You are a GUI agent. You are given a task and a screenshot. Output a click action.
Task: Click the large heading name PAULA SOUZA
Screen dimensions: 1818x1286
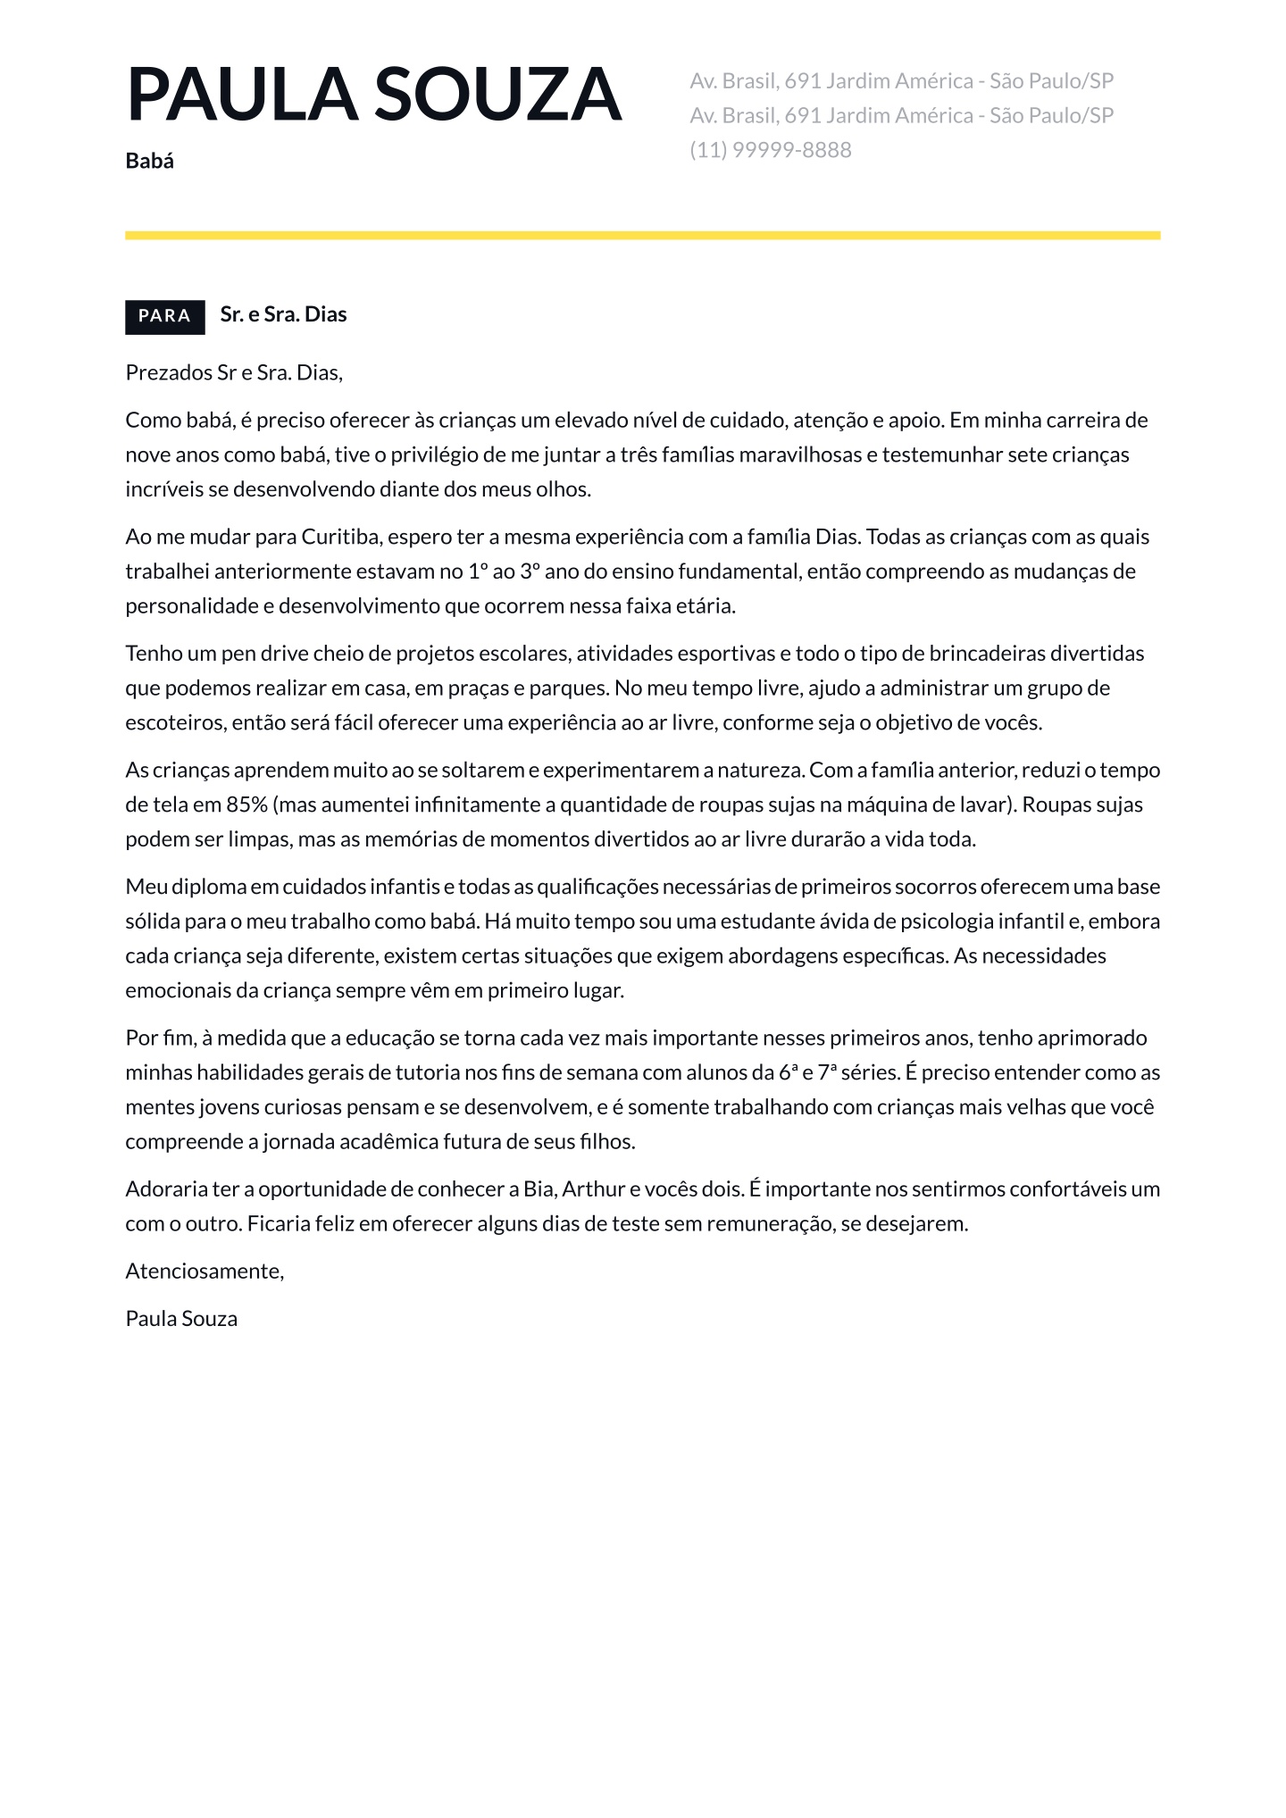click(x=373, y=94)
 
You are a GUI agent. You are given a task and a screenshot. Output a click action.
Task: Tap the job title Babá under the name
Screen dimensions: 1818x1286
click(x=149, y=162)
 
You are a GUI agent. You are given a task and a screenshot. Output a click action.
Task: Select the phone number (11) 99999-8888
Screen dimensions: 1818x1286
click(x=770, y=150)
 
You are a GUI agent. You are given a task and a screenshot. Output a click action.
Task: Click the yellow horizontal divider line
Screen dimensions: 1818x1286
click(x=642, y=236)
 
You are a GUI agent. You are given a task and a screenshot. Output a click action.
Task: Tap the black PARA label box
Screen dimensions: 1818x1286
click(x=164, y=316)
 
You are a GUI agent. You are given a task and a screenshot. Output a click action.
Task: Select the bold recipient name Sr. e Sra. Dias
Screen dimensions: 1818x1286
click(x=283, y=314)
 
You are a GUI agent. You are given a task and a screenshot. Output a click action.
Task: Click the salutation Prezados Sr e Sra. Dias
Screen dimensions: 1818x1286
click(x=234, y=372)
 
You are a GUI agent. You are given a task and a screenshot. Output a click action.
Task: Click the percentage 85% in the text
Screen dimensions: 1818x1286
click(x=246, y=805)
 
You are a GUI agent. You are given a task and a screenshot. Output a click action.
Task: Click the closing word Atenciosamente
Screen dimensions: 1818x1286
click(x=205, y=1272)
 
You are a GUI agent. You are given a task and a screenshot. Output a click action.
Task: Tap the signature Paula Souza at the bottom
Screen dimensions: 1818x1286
click(x=181, y=1319)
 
